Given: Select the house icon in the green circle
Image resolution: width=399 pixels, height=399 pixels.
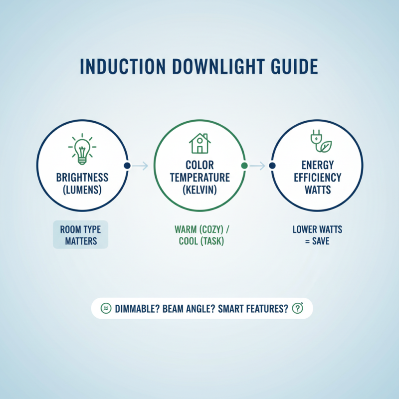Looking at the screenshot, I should point(199,143).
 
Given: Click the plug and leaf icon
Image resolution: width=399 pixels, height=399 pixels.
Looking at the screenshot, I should point(319,142).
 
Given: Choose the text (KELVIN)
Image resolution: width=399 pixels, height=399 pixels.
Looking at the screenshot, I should point(199,190).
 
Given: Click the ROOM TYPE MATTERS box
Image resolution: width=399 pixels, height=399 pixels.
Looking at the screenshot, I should point(80,235).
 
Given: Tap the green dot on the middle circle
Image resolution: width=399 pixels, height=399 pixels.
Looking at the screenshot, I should point(244,166).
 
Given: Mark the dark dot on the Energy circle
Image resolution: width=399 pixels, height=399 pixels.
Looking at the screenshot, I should point(272,166).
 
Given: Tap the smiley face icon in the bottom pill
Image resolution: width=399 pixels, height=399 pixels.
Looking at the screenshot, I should point(105,308).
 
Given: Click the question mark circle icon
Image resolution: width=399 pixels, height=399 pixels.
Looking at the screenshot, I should point(297,308).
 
